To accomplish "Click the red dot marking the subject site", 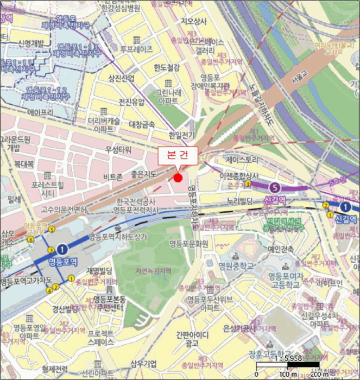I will coord(178,178).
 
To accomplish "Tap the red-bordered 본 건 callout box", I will coord(178,154).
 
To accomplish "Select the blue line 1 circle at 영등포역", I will coord(62,249).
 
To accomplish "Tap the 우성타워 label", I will coord(119,149).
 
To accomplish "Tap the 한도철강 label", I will coord(166,68).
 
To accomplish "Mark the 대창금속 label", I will coord(142,124).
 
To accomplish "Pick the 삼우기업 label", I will coord(143,364).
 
